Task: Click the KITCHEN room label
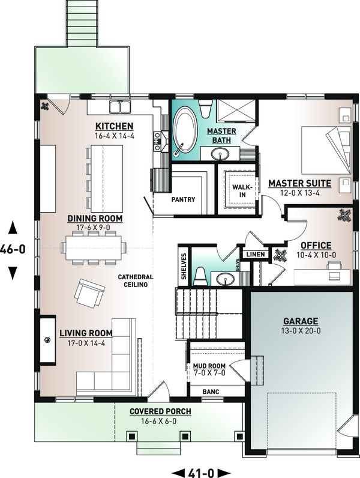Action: (113, 126)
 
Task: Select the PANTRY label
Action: (183, 199)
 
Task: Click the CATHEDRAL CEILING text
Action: (136, 280)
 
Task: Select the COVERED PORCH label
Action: (160, 411)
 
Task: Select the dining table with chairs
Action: (94, 247)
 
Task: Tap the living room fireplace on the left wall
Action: (47, 340)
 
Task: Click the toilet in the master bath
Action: (205, 109)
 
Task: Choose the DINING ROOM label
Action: (95, 218)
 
